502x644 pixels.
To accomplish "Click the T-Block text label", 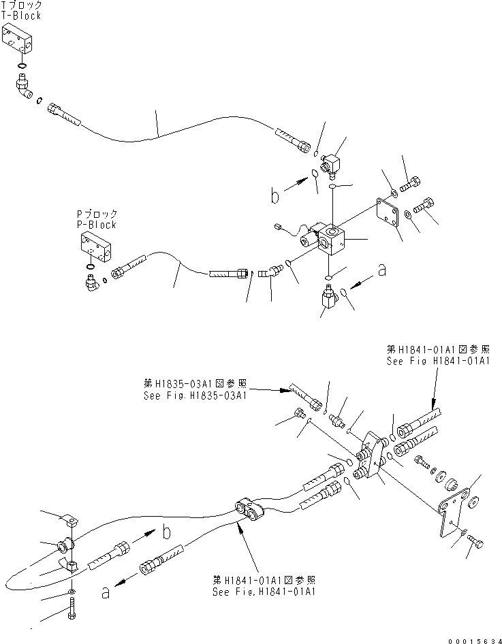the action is (x=21, y=16).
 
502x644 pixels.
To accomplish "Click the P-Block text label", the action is (x=97, y=225).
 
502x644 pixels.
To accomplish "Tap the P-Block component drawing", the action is (x=95, y=248).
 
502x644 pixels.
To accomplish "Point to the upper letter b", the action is (x=274, y=195).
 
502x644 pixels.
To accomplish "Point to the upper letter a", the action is (x=382, y=270).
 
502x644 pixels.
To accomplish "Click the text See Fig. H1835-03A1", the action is (x=195, y=396).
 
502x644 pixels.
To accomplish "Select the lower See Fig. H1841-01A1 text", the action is (x=264, y=592).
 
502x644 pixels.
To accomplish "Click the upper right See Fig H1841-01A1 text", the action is (x=438, y=361).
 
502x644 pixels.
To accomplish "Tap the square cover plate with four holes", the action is (x=388, y=213).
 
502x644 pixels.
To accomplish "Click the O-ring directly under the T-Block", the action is (x=22, y=65).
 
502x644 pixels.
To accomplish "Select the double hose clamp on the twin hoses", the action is (x=250, y=509).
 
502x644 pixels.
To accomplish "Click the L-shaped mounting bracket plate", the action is (x=454, y=512).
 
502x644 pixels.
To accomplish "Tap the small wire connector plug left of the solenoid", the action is (x=277, y=225).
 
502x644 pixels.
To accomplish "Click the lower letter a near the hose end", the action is (x=106, y=593).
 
